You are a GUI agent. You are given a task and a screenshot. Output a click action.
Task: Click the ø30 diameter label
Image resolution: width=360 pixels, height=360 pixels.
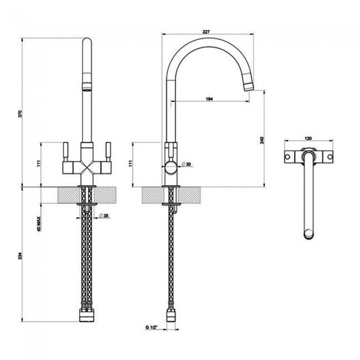(186, 164)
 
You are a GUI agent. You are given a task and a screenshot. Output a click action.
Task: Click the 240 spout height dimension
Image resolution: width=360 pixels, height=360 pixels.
(262, 140)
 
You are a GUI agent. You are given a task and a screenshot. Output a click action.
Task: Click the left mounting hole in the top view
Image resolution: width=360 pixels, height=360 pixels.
(288, 157)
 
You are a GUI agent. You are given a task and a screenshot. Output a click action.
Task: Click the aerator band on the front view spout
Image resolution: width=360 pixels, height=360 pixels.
(87, 87)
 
